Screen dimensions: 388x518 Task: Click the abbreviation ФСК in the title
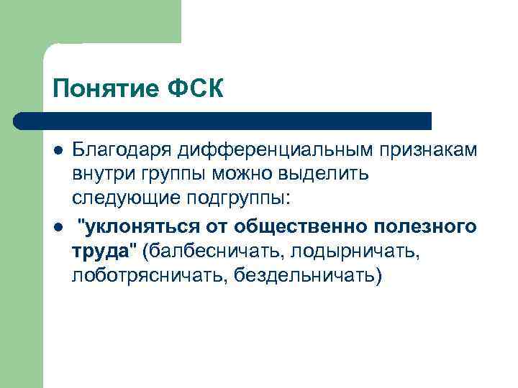point(200,91)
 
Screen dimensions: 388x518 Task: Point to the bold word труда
point(98,252)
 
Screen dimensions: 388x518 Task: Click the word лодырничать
point(355,252)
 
